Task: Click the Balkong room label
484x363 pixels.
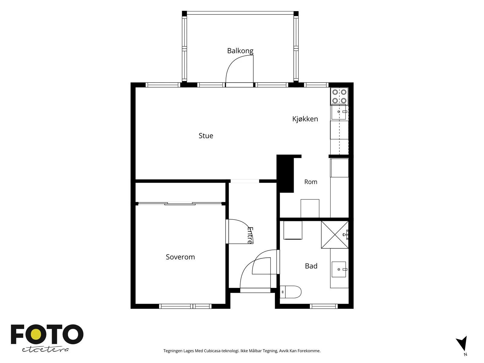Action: [240, 51]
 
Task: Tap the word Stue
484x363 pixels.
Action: [206, 136]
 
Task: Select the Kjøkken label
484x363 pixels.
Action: [305, 119]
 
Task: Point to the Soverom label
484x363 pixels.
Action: [180, 257]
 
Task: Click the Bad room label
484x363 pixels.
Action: [311, 266]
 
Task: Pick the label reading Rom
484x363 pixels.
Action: [311, 182]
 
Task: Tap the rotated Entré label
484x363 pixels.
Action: [250, 235]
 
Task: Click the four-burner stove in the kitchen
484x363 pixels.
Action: [339, 96]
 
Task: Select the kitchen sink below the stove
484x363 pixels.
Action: [339, 112]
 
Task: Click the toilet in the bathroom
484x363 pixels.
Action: [290, 292]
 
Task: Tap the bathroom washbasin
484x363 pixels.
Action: [339, 269]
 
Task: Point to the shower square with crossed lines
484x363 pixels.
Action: [335, 235]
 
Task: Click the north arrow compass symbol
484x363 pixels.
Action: [462, 344]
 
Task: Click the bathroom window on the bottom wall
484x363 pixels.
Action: [324, 306]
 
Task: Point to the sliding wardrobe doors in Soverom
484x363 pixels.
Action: [180, 204]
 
